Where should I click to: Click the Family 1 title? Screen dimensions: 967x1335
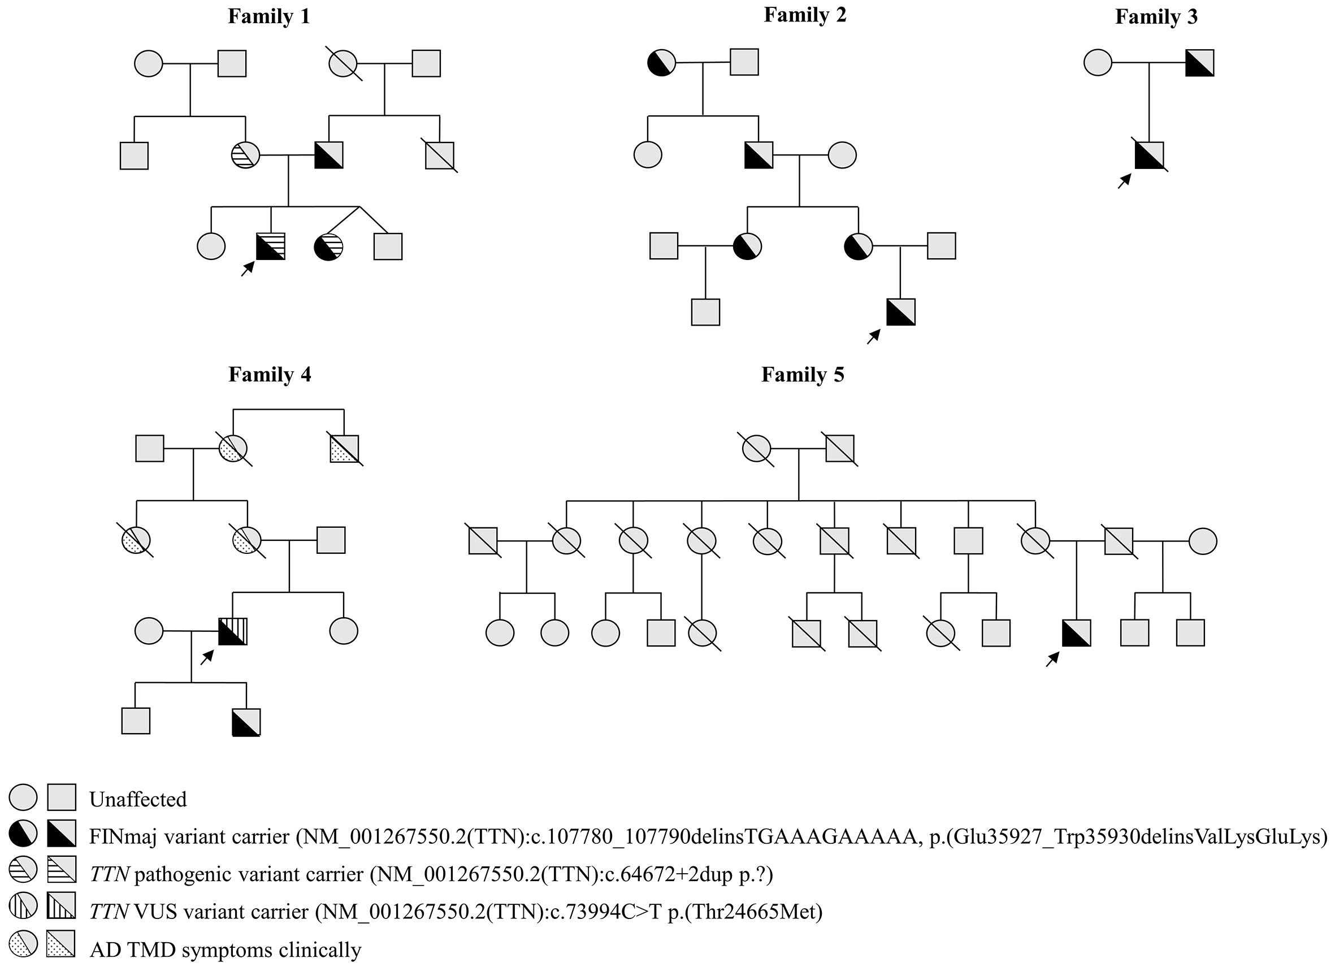pyautogui.click(x=268, y=16)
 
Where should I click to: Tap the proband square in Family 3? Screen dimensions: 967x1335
pyautogui.click(x=1149, y=155)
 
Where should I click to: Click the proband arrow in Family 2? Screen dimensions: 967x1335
pyautogui.click(x=874, y=336)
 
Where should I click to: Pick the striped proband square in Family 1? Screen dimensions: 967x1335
pyautogui.click(x=270, y=246)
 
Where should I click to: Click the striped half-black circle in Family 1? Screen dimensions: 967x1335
pyautogui.click(x=328, y=246)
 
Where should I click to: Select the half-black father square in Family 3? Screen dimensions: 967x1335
pyautogui.click(x=1199, y=63)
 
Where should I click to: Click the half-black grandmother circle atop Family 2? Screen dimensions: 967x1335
pyautogui.click(x=661, y=62)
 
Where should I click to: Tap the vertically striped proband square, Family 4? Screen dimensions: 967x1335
pyautogui.click(x=232, y=631)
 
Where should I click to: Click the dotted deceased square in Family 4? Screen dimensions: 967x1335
pyautogui.click(x=344, y=449)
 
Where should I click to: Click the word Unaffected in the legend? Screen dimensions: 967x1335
pyautogui.click(x=138, y=799)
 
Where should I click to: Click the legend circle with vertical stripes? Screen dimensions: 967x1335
pyautogui.click(x=23, y=906)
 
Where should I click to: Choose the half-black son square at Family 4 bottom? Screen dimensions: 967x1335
pyautogui.click(x=246, y=722)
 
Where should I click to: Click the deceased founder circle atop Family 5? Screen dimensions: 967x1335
pyautogui.click(x=756, y=450)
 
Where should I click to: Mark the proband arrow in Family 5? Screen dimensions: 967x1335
pyautogui.click(x=1052, y=659)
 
